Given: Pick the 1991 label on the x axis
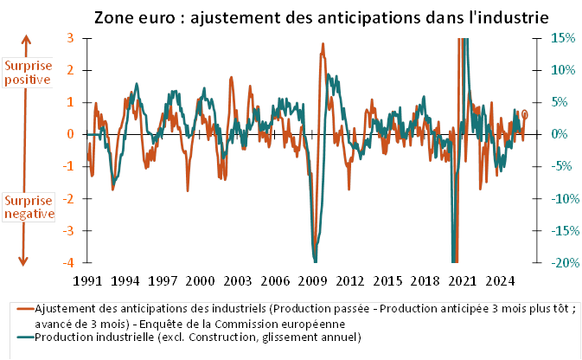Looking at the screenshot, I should [89, 281].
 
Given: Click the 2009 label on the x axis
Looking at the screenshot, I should [313, 281].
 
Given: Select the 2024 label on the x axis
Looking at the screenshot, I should [500, 281].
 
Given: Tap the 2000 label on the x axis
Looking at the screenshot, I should [201, 281].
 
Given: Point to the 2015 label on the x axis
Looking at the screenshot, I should [387, 281].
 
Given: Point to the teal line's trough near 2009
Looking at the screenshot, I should [316, 260].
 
